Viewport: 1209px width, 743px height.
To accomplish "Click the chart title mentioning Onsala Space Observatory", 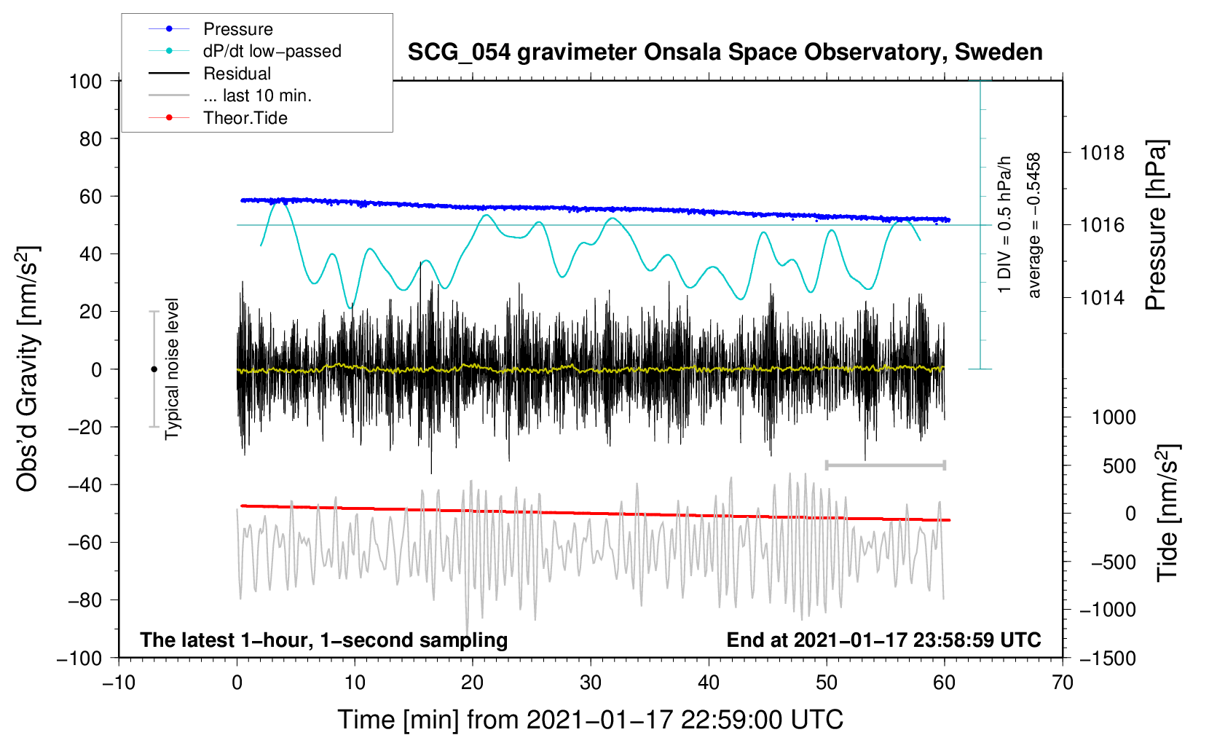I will [725, 52].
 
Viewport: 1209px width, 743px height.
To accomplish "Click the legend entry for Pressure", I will [238, 29].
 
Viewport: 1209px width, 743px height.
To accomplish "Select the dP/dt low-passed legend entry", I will [272, 51].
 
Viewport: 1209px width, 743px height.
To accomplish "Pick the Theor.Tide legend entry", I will [245, 118].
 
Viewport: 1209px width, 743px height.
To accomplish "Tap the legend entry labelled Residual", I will [237, 74].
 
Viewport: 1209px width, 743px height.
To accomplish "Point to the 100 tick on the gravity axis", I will [85, 81].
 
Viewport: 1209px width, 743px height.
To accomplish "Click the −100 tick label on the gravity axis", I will [79, 658].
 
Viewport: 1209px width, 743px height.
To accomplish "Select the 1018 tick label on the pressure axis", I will [1102, 153].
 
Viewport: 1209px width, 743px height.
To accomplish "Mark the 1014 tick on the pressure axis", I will [1102, 297].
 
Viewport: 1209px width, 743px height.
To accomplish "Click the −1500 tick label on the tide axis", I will [1107, 658].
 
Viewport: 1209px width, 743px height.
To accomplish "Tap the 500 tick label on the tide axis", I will [1119, 465].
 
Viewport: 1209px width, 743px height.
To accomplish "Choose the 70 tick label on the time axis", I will [1063, 683].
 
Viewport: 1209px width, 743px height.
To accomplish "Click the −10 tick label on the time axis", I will [119, 683].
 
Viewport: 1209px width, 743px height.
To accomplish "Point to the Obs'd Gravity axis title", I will [28, 369].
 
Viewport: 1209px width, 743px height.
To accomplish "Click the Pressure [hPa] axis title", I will [1156, 226].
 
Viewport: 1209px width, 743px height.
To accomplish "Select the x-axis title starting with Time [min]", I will [590, 720].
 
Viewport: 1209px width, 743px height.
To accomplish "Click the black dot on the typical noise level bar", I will [154, 369].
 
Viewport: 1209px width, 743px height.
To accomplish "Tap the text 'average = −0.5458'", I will [1033, 225].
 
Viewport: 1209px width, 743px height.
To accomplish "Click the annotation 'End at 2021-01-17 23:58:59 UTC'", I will [883, 640].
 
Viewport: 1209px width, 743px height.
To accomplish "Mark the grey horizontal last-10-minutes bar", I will [885, 465].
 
